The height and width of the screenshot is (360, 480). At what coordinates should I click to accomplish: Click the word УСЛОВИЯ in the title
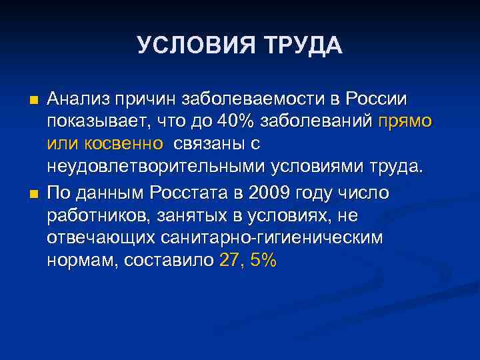pos(189,46)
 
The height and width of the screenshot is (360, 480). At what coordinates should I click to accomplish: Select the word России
pos(377,100)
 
